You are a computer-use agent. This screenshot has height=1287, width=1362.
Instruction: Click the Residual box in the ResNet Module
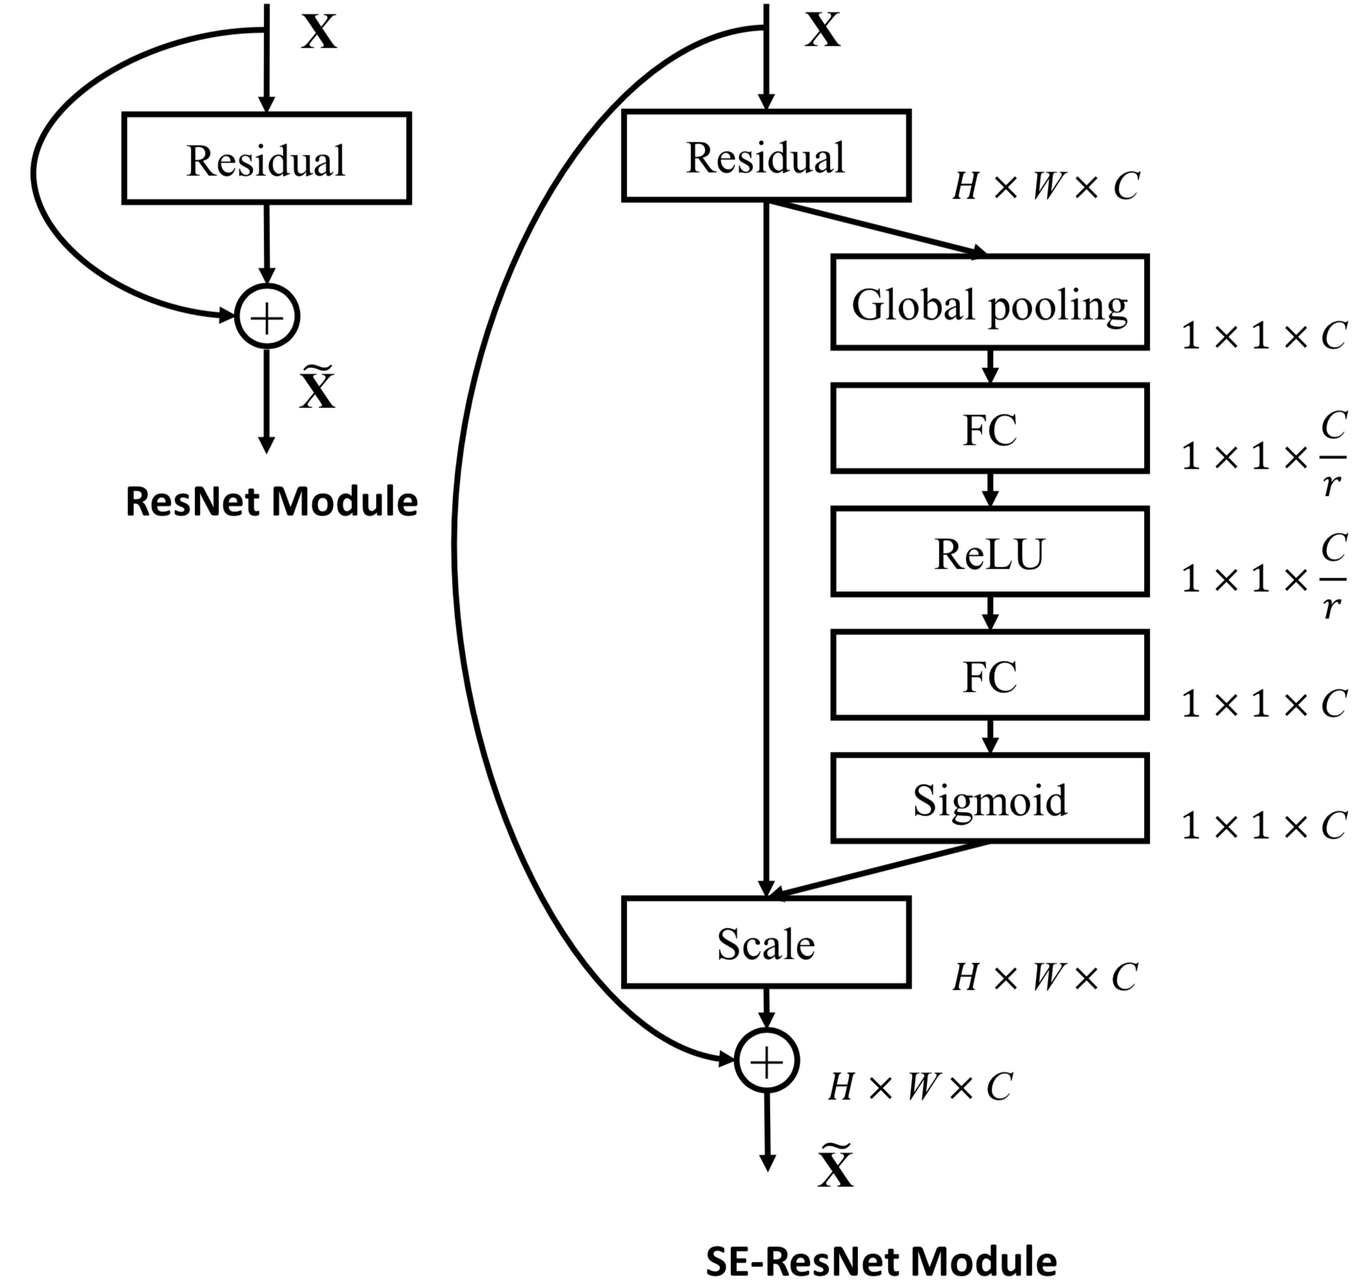(266, 159)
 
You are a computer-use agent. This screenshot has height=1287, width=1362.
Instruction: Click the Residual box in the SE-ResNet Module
(765, 157)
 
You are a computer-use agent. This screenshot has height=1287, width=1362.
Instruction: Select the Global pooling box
(989, 303)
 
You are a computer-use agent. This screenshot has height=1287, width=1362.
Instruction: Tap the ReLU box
(989, 552)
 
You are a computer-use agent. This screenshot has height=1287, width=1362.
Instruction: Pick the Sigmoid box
(989, 798)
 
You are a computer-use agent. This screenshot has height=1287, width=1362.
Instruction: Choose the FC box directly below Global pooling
(989, 429)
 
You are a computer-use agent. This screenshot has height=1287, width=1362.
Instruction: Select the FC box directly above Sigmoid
(989, 676)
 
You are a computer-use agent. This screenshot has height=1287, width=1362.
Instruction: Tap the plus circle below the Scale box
(766, 1061)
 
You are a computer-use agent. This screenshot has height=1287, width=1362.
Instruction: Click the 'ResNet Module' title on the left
(271, 502)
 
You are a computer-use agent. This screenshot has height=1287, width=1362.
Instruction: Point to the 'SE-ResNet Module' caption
(881, 1261)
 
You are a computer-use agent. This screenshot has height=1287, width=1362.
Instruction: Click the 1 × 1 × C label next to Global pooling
(1263, 336)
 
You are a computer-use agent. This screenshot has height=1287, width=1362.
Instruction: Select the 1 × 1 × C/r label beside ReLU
(1263, 578)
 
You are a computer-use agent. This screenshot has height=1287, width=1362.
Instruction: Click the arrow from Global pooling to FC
(989, 366)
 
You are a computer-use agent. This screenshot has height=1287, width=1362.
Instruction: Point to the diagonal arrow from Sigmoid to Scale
(878, 870)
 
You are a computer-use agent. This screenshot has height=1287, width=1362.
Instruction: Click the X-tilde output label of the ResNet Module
(318, 389)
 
